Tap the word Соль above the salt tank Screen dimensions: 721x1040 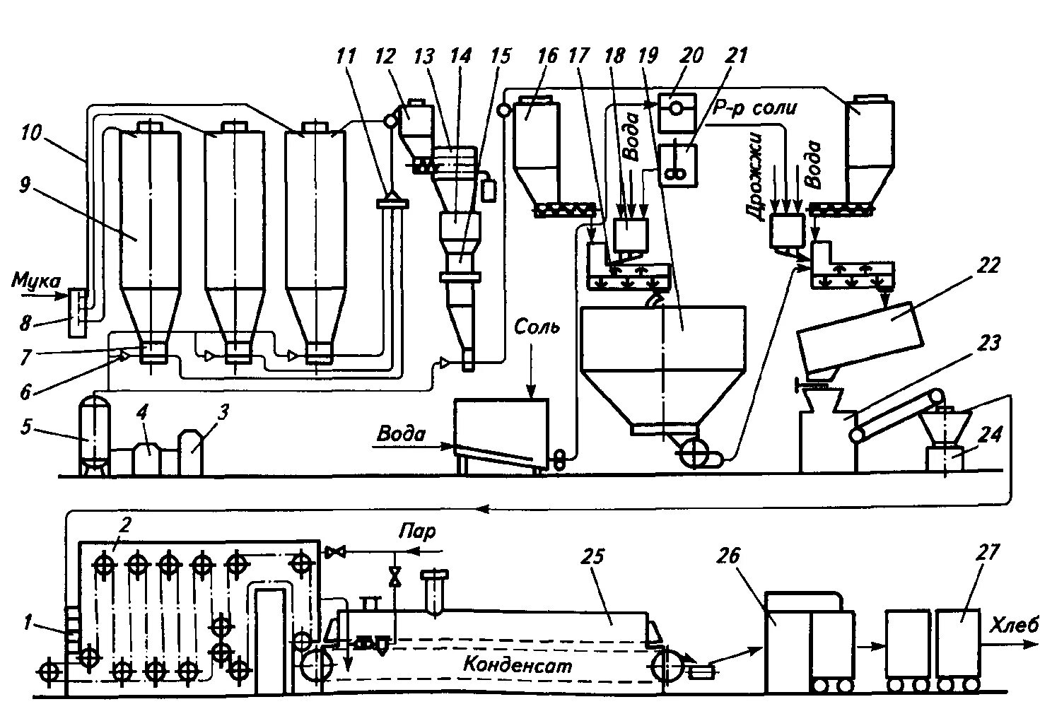(x=537, y=327)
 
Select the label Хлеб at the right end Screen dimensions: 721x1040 (x=1013, y=625)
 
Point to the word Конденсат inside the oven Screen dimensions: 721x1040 (x=518, y=665)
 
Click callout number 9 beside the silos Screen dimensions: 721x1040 (x=25, y=186)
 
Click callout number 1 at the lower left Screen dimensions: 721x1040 (x=28, y=622)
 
